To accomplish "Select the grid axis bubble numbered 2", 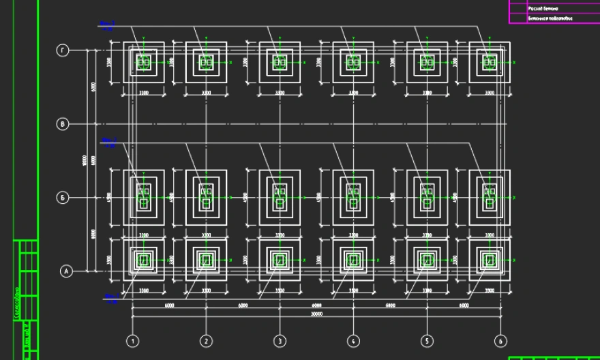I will (x=207, y=340).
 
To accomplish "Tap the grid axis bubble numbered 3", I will (x=280, y=340).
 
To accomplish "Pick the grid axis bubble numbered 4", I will (x=353, y=340).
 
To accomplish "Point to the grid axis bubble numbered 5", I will (x=427, y=340).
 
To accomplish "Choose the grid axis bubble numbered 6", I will (x=500, y=340).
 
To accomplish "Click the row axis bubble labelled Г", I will (x=63, y=50).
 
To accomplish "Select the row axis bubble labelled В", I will (x=63, y=124).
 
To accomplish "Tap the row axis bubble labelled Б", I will (x=63, y=198).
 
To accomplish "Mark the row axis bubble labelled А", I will (x=66, y=271).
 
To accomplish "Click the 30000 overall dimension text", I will (x=316, y=314).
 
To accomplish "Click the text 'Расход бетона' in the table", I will (x=543, y=8).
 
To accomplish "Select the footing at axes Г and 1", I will (x=143, y=62).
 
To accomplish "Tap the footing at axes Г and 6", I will (x=490, y=62).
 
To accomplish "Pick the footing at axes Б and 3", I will (x=280, y=198).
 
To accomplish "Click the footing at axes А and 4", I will (x=353, y=260).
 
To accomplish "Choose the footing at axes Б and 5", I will (x=427, y=198).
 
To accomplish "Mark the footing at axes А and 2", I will (x=206, y=260).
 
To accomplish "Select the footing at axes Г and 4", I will (x=353, y=62).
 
